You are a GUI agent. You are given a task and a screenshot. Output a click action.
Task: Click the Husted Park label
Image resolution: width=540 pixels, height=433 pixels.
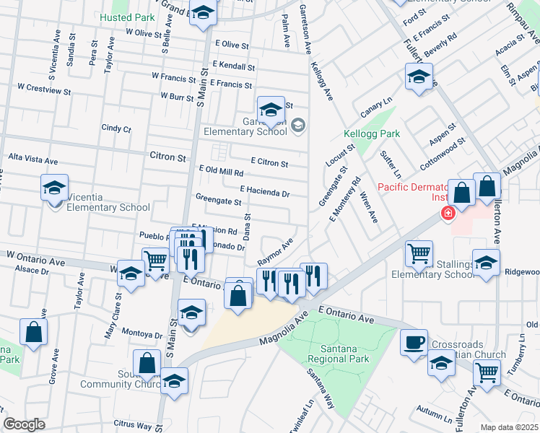pyautogui.click(x=128, y=17)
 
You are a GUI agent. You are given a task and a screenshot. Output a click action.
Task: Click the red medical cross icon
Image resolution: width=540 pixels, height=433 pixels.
pyautogui.click(x=448, y=214)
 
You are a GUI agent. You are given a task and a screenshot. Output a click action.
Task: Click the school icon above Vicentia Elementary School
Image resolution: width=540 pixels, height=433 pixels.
pyautogui.click(x=54, y=188)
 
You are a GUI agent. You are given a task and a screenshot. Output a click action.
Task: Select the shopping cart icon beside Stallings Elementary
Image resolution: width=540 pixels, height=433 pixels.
pyautogui.click(x=419, y=253)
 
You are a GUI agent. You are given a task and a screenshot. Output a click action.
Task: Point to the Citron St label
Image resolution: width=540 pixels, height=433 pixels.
pyautogui.click(x=167, y=157)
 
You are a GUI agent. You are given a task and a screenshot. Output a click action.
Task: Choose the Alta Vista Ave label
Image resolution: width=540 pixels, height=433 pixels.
pyautogui.click(x=32, y=159)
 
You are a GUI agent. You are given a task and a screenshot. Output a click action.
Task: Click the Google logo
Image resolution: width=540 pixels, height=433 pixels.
pyautogui.click(x=24, y=424)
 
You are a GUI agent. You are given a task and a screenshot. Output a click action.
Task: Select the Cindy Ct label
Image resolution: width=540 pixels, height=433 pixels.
pyautogui.click(x=116, y=128)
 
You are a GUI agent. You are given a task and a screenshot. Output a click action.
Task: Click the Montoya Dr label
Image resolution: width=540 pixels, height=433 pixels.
pyautogui.click(x=142, y=335)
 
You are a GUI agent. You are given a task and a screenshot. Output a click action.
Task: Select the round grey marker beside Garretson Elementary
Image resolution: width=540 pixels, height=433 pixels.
pyautogui.click(x=298, y=126)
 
